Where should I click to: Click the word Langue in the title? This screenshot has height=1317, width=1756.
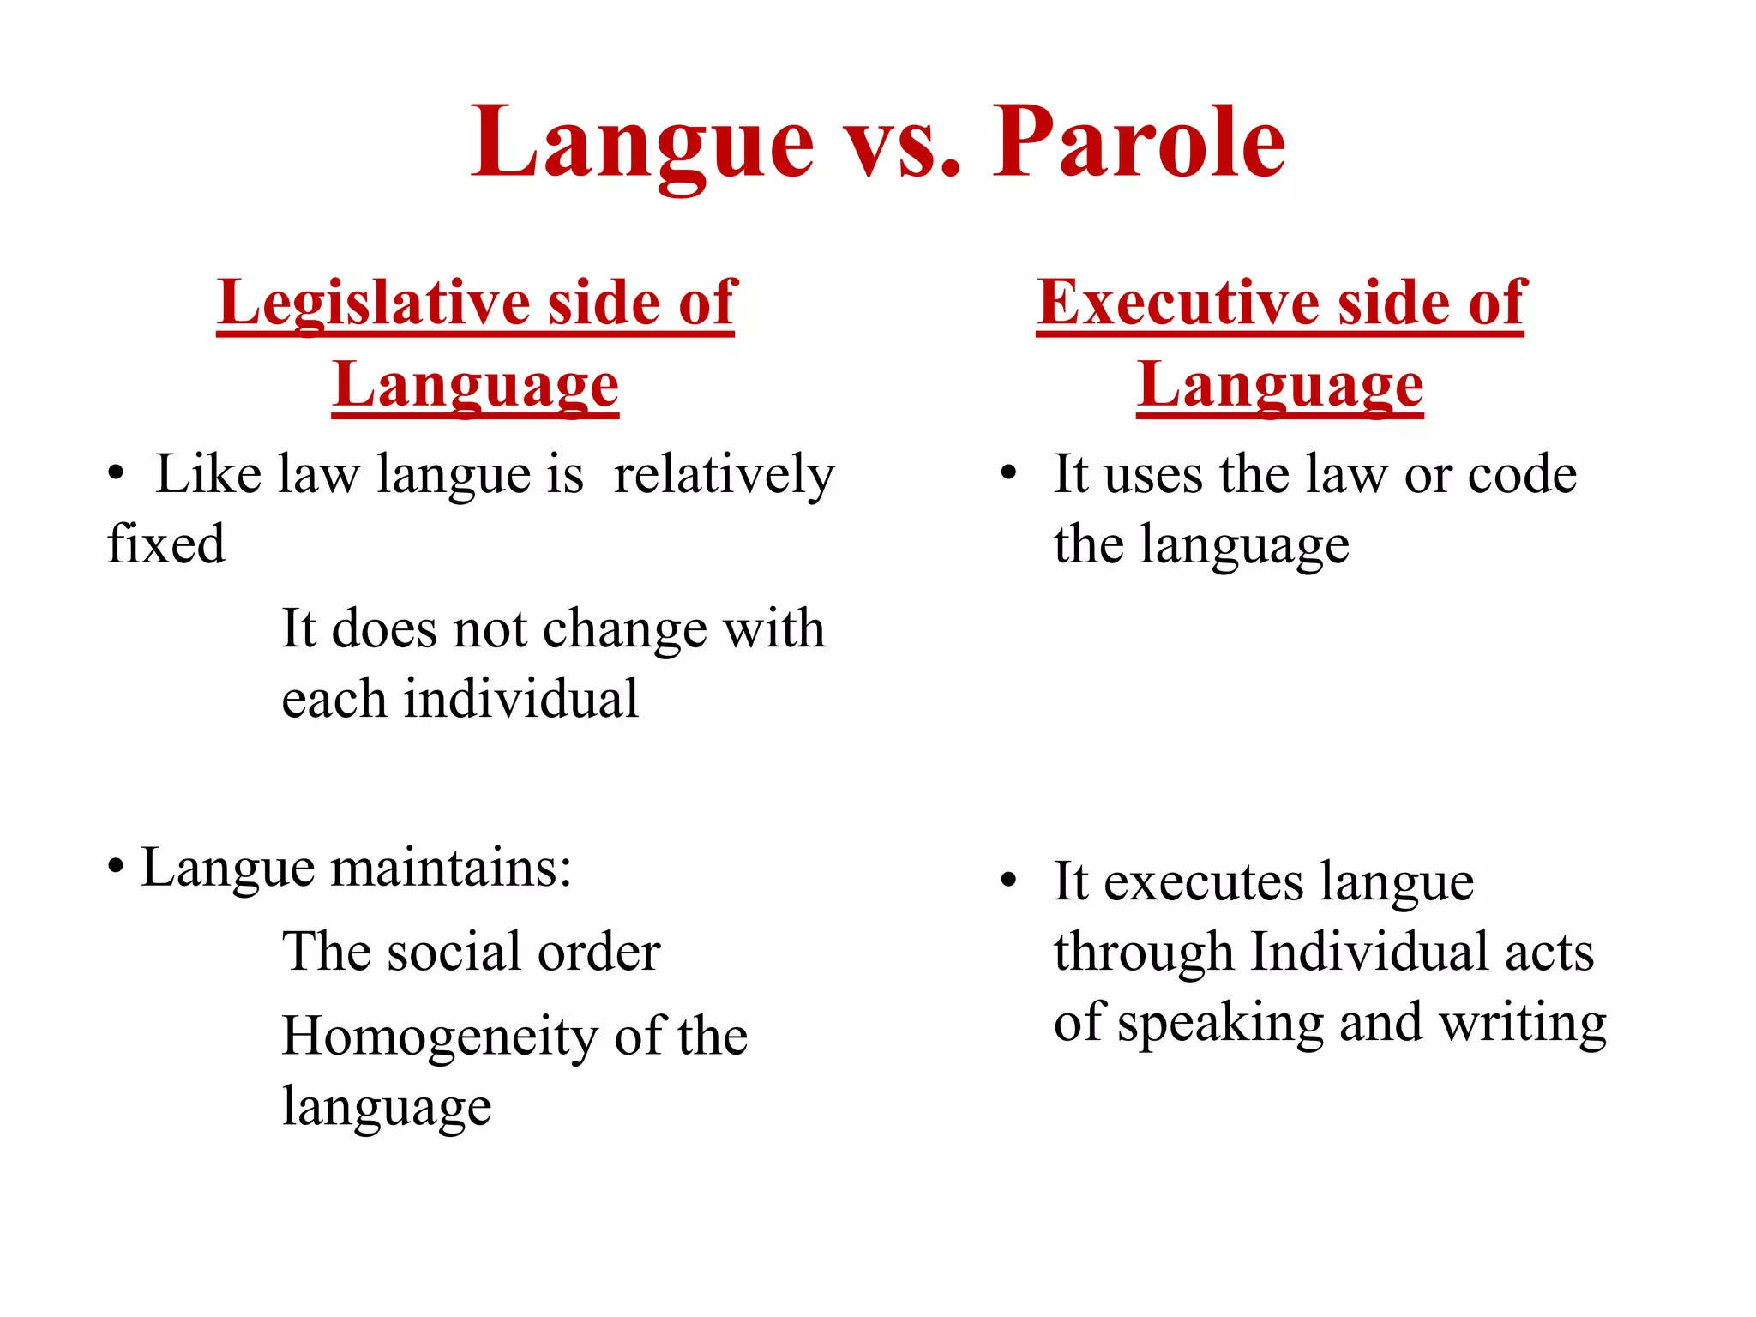[643, 144]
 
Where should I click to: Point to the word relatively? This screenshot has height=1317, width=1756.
[724, 475]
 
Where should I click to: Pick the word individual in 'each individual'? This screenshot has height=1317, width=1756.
[521, 699]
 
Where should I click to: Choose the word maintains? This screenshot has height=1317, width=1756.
[451, 868]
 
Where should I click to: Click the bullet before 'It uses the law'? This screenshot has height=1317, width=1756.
[1008, 473]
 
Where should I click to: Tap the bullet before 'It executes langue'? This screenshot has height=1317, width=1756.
[1008, 881]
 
